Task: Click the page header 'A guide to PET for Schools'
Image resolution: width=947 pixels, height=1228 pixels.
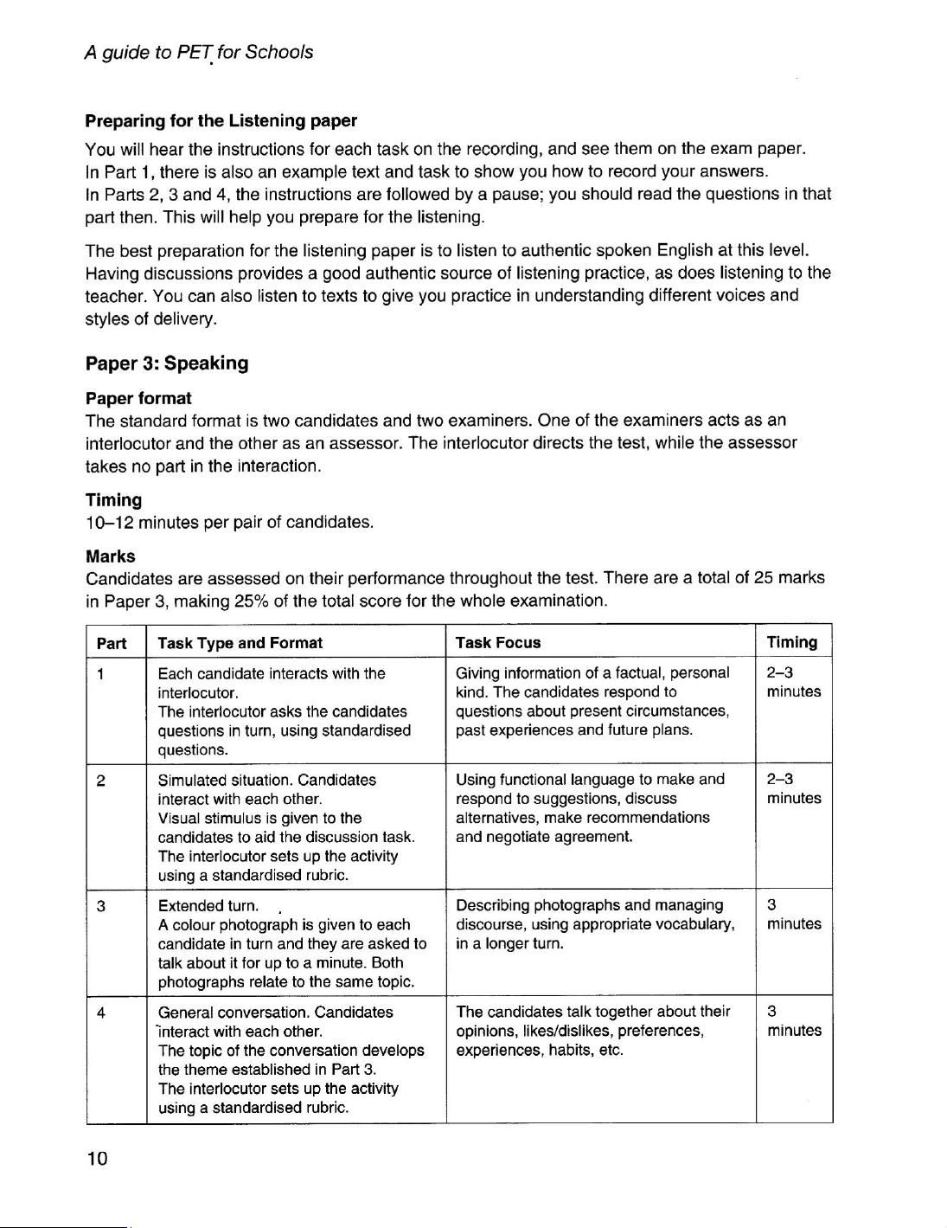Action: pos(199,52)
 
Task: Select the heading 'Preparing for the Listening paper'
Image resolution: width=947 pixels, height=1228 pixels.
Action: pos(221,120)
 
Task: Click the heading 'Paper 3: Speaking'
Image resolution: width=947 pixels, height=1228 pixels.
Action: pos(167,363)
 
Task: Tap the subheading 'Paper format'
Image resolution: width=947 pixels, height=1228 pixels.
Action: pos(138,398)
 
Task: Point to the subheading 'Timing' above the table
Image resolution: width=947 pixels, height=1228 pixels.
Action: pos(113,500)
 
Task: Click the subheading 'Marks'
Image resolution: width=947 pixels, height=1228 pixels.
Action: pos(111,556)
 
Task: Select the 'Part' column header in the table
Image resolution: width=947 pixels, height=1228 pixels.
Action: pos(112,643)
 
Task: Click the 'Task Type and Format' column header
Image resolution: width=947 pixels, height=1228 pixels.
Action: pos(240,643)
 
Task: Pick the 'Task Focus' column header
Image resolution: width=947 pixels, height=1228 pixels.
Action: pos(498,643)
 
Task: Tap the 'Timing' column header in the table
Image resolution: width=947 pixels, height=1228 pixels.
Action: pos(792,642)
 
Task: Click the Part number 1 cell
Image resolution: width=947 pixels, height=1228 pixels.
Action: pos(101,673)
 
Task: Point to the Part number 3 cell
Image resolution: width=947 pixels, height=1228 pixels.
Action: pos(101,906)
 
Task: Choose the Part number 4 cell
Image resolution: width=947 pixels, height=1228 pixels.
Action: pos(101,1013)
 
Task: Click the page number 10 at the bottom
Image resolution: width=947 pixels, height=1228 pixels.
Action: pos(97,1159)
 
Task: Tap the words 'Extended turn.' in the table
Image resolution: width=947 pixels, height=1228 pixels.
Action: pos(208,906)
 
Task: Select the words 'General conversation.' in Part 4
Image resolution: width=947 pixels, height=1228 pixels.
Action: pos(234,1012)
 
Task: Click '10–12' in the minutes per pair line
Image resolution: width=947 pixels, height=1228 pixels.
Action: pos(110,523)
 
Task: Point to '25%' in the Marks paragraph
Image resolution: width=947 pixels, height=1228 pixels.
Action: pos(249,600)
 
